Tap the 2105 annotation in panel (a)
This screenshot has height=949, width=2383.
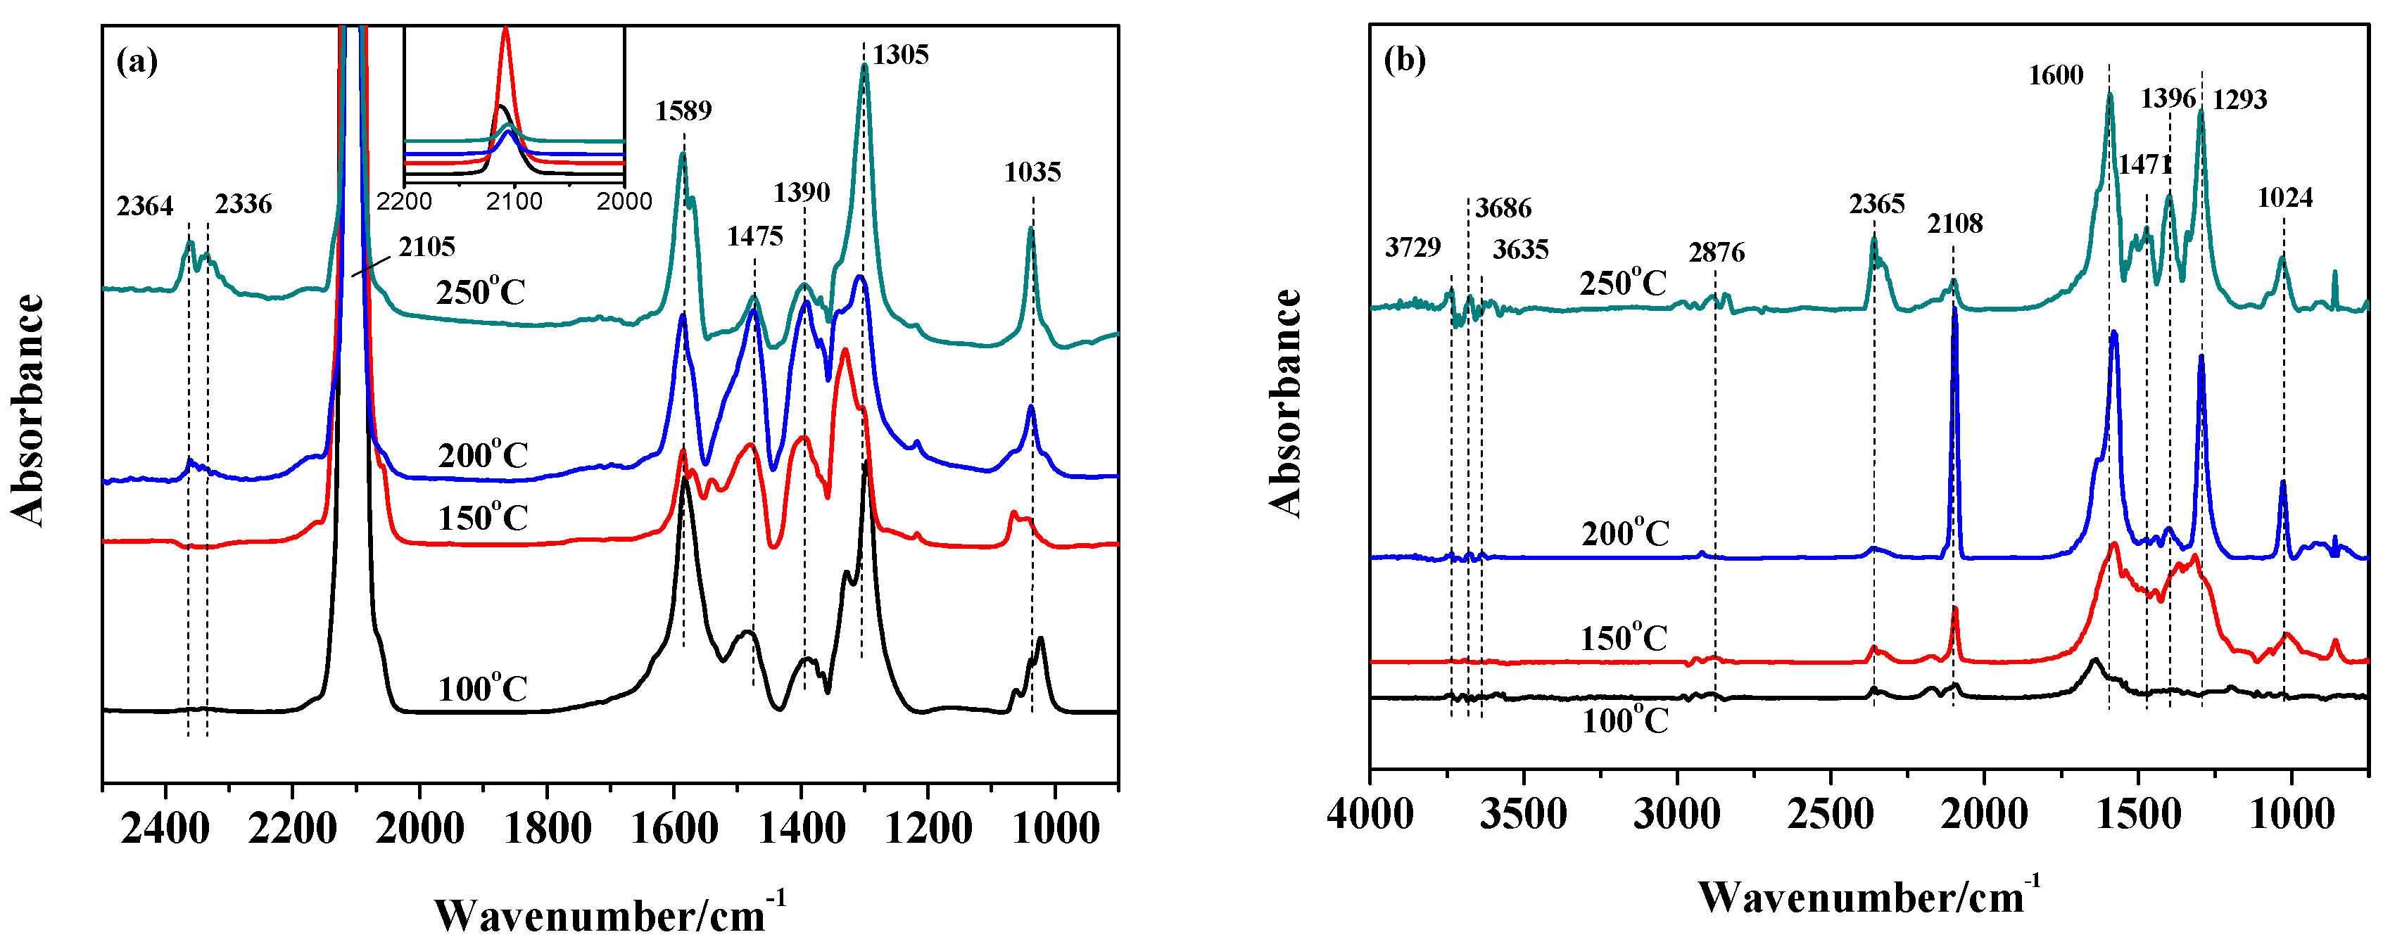click(426, 247)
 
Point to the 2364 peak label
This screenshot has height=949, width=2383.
click(144, 205)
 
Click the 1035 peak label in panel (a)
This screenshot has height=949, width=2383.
click(1032, 172)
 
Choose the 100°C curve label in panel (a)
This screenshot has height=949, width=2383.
click(482, 689)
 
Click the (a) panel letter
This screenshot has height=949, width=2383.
click(137, 62)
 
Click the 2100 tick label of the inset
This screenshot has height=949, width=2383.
click(514, 200)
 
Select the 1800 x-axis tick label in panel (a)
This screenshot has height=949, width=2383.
click(548, 828)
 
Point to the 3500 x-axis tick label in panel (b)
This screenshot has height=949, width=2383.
click(1523, 814)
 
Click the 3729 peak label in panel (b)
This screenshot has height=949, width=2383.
click(1412, 247)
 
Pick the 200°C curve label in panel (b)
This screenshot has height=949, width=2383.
click(1624, 534)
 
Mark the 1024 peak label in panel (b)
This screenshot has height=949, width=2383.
click(2285, 197)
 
